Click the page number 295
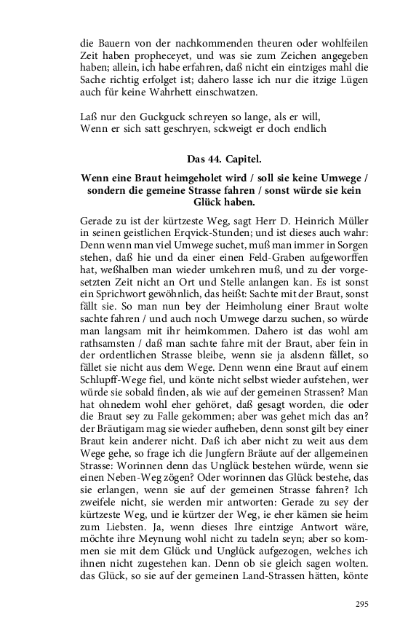[x=361, y=604]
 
